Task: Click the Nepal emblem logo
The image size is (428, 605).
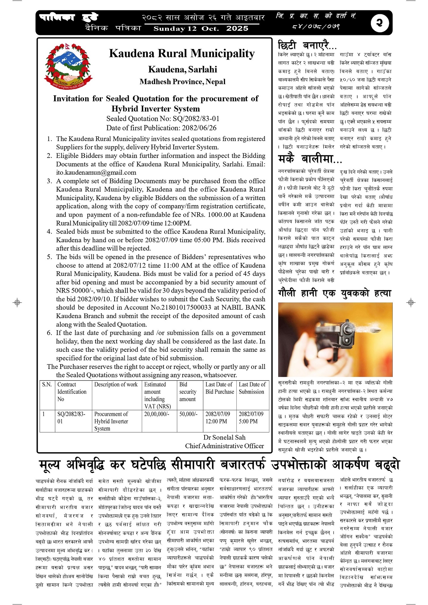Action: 68,66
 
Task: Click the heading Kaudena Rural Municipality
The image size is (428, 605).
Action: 182,53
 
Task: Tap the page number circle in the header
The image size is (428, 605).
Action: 380,23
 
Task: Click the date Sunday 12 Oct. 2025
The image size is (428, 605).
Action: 201,29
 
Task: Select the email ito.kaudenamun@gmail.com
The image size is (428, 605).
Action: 96,172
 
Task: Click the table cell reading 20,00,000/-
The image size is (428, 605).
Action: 157,414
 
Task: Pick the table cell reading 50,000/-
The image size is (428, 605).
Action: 188,414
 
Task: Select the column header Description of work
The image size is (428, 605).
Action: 116,384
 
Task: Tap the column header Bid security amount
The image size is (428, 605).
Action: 188,392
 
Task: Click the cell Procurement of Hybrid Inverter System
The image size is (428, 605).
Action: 111,421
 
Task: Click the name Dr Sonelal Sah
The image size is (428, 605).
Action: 224,437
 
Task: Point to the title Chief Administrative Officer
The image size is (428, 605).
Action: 224,446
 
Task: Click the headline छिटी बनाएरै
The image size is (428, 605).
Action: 307,45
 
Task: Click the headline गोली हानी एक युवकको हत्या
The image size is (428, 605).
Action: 335,293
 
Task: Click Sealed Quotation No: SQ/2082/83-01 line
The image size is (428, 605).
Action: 163,119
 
